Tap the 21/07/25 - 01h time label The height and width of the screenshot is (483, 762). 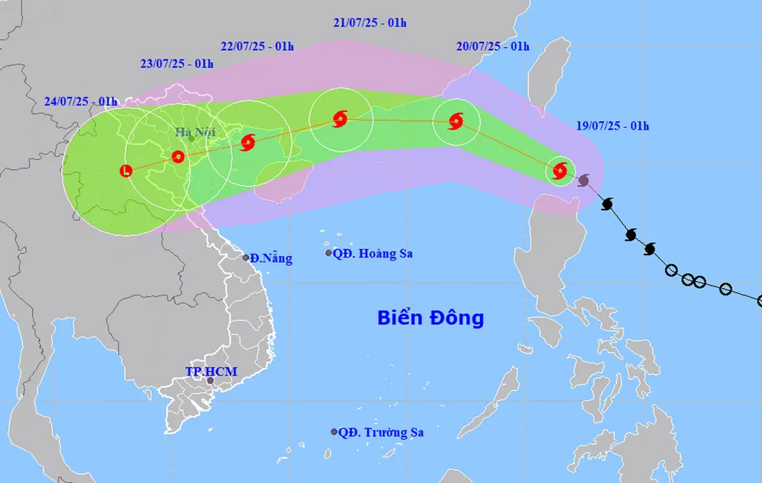click(x=370, y=23)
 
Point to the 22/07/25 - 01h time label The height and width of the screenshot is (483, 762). click(x=258, y=46)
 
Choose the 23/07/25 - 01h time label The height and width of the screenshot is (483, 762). click(x=177, y=64)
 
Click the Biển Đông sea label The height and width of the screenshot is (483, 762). click(x=431, y=318)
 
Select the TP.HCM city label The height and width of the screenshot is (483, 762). click(x=211, y=372)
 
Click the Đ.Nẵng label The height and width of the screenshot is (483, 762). click(x=272, y=258)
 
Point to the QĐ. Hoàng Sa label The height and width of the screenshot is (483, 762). click(x=373, y=254)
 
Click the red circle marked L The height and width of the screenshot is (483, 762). click(x=126, y=171)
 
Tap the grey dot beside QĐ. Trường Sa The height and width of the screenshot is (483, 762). click(x=334, y=432)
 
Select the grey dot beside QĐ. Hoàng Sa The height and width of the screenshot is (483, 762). click(x=328, y=253)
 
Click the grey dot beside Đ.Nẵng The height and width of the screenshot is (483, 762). click(x=246, y=257)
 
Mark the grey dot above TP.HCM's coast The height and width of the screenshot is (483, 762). click(x=210, y=382)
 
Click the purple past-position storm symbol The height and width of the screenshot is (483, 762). click(x=584, y=180)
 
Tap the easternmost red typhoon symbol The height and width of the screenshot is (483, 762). click(x=560, y=170)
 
